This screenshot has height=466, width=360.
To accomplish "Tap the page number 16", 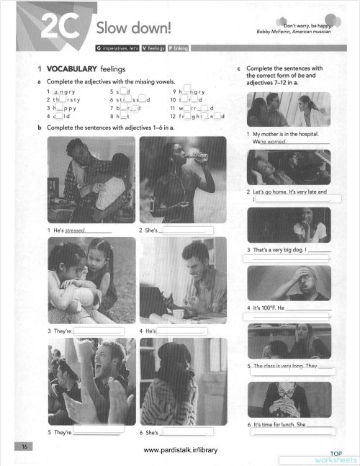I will point(24,447).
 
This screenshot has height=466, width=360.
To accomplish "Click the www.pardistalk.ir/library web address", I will point(180,449).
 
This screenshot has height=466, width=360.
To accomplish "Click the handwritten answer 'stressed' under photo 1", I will point(75,230).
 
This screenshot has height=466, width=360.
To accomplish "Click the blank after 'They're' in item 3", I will point(99,331).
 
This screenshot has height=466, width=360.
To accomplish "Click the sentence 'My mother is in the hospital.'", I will point(285,135).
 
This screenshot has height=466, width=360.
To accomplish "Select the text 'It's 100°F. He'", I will point(266,308).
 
